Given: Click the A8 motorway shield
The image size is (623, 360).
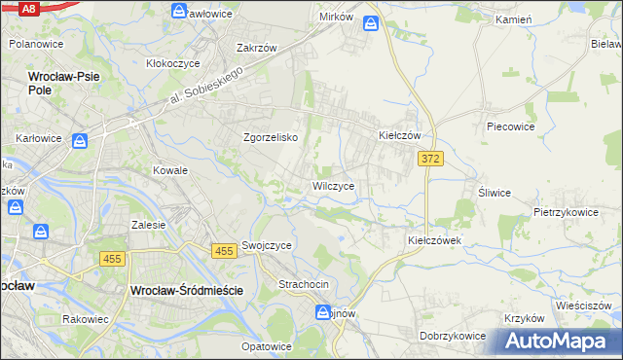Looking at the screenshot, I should pyautogui.click(x=28, y=8).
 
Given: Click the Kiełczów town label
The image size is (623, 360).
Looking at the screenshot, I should pyautogui.click(x=399, y=136).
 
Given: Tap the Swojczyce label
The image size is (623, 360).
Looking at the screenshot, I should pyautogui.click(x=267, y=246).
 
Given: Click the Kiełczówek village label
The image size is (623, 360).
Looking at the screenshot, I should pyautogui.click(x=433, y=238).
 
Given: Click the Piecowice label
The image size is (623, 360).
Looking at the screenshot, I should pyautogui.click(x=512, y=126).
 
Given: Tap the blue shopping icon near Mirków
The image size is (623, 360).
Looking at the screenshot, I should pyautogui.click(x=372, y=23).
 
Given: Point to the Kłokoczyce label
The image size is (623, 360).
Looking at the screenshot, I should pyautogui.click(x=173, y=62).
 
